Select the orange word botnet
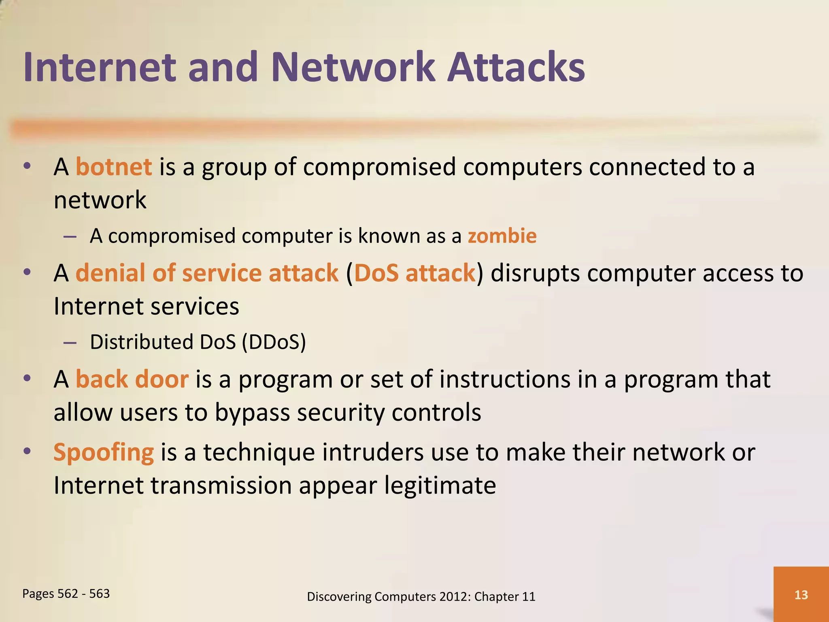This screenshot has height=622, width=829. pos(114,167)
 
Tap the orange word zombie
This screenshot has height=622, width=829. pos(502,236)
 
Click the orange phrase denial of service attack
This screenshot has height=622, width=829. pos(207,273)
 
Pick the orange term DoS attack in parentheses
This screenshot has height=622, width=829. pos(414,273)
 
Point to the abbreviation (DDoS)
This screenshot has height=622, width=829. pos(274,342)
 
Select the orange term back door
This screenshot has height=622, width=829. pos(132,379)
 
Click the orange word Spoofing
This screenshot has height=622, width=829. pos(104,452)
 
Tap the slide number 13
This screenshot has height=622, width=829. pos(801,594)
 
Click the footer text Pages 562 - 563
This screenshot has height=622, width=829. pos(66,593)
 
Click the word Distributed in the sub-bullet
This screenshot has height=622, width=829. pos(141,342)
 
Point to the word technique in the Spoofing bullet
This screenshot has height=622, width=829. pos(259,452)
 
